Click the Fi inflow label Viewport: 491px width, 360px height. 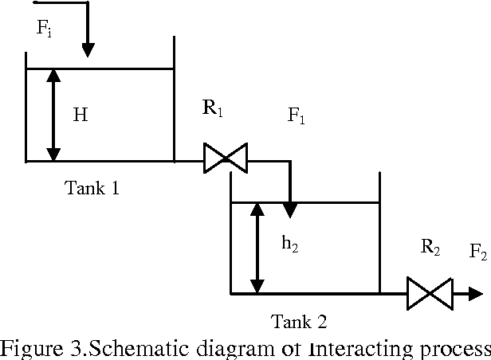tap(45, 29)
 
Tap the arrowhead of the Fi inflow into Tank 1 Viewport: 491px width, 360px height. tap(88, 49)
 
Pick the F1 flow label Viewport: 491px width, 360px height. tap(297, 117)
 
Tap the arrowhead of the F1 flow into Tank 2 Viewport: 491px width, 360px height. tap(291, 209)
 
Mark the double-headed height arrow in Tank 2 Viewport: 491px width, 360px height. tap(257, 247)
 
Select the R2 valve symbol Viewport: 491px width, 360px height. tap(429, 292)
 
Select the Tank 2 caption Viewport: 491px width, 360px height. tap(299, 322)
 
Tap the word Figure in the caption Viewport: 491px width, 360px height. tap(29, 348)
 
